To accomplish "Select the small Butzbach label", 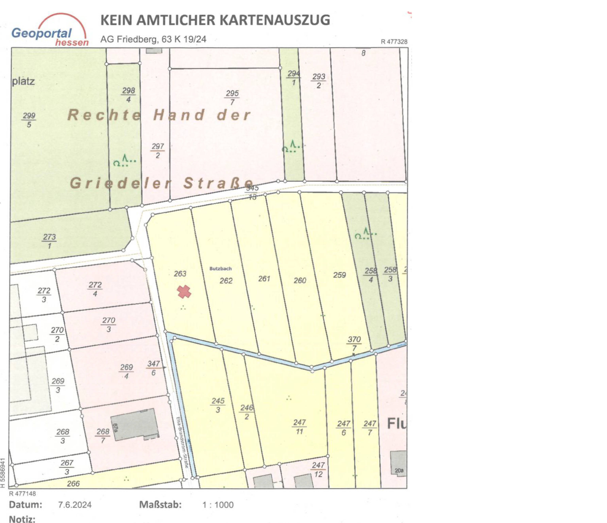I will [220, 268].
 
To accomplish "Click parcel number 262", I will [226, 281].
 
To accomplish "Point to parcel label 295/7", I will [232, 97].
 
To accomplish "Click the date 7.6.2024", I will [75, 505].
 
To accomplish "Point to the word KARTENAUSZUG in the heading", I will [275, 20].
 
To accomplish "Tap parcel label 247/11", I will [299, 427].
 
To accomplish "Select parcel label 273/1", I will [49, 241].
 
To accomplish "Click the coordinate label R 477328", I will [394, 42].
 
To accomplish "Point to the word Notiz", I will [22, 519].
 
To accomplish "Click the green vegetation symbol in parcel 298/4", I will [125, 161].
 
